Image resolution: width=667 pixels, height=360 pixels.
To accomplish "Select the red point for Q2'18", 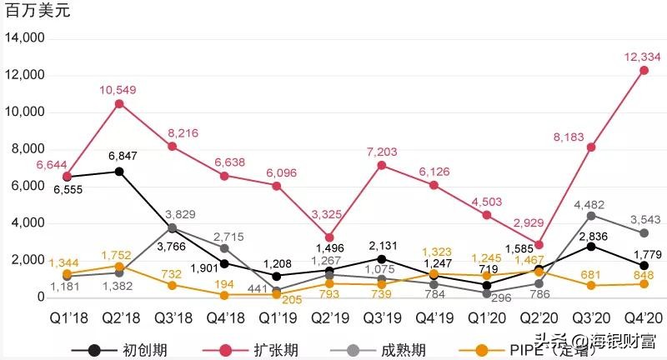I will point(119,103).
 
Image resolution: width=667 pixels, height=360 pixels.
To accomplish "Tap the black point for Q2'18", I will point(119,172).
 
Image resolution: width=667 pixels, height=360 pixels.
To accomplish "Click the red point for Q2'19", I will point(329,237).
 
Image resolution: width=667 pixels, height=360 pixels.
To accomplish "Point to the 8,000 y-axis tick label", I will point(27,149).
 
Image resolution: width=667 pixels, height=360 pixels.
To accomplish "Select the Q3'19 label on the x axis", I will point(381,321).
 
